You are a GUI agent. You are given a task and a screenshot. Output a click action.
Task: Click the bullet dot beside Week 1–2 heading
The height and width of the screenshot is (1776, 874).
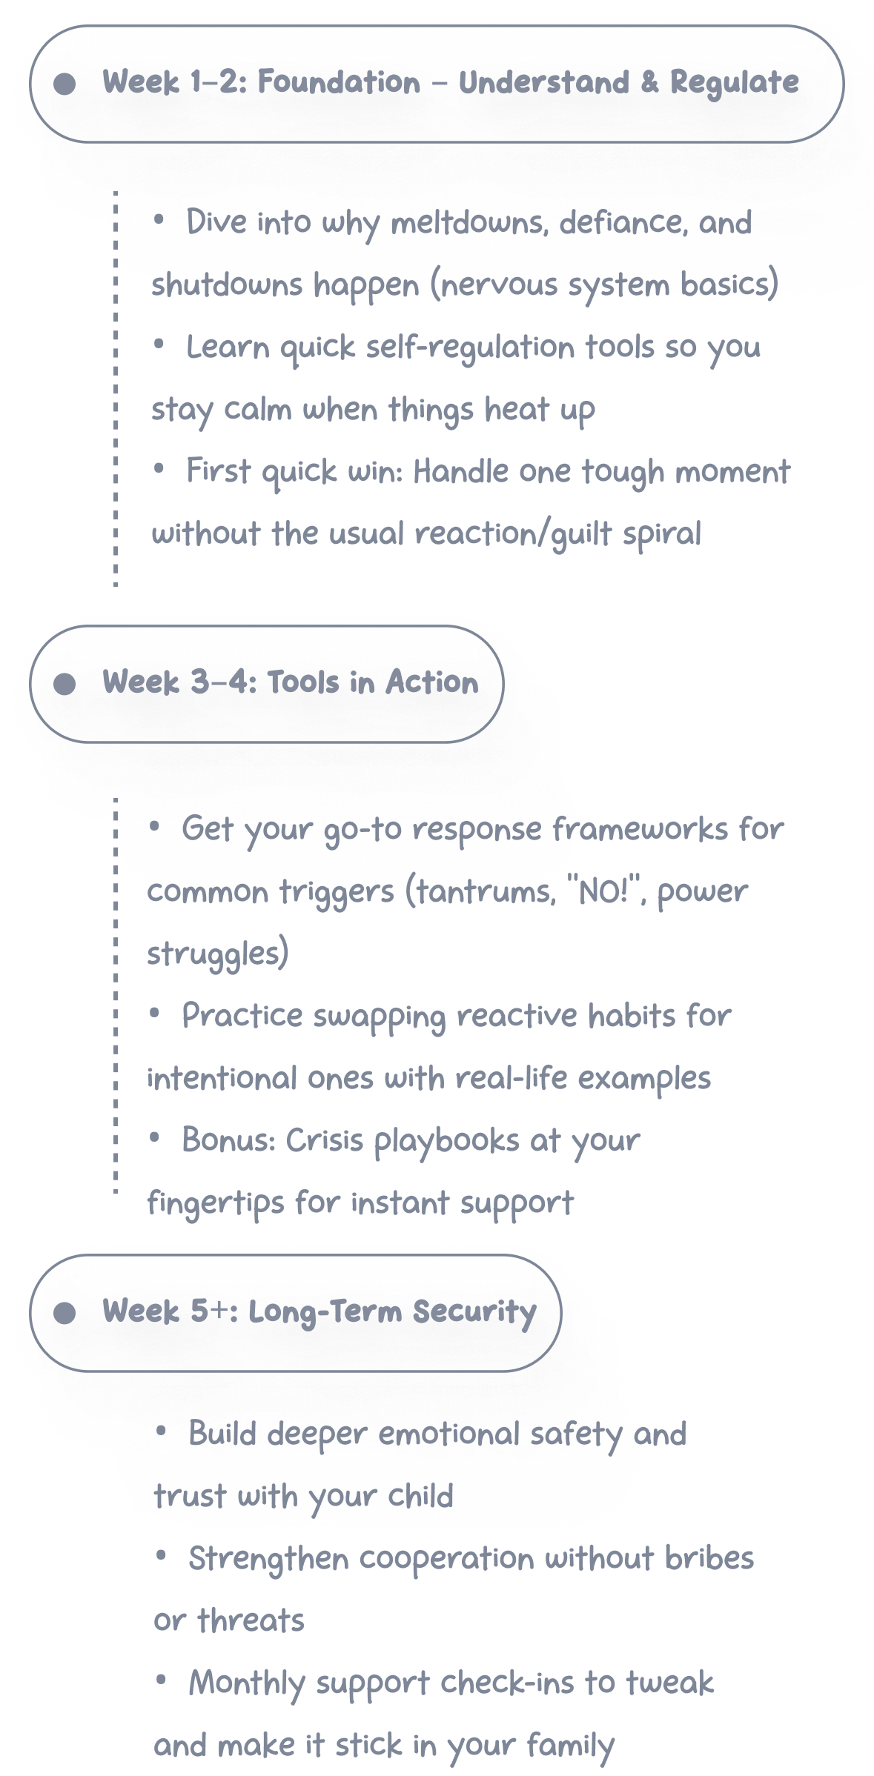click(x=65, y=84)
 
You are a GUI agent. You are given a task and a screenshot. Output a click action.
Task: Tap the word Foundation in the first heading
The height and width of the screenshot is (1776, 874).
click(x=339, y=82)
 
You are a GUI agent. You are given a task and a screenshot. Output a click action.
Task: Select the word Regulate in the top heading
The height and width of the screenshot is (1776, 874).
click(x=735, y=83)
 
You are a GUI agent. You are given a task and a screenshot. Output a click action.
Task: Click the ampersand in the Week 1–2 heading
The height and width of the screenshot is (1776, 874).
click(x=649, y=82)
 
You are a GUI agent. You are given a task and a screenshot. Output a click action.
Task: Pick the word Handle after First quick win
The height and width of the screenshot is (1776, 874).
click(x=461, y=472)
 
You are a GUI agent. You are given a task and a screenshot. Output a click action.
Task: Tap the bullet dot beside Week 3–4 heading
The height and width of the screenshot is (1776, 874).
click(x=65, y=684)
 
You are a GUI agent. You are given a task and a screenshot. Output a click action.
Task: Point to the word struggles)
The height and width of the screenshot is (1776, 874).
click(x=218, y=954)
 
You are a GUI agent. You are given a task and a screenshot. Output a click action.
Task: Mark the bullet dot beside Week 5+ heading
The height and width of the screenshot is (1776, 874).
click(x=65, y=1313)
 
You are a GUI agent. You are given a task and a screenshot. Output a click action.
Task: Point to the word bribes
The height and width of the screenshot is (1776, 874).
click(x=709, y=1558)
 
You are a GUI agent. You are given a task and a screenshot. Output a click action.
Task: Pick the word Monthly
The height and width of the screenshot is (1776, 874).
click(x=246, y=1683)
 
